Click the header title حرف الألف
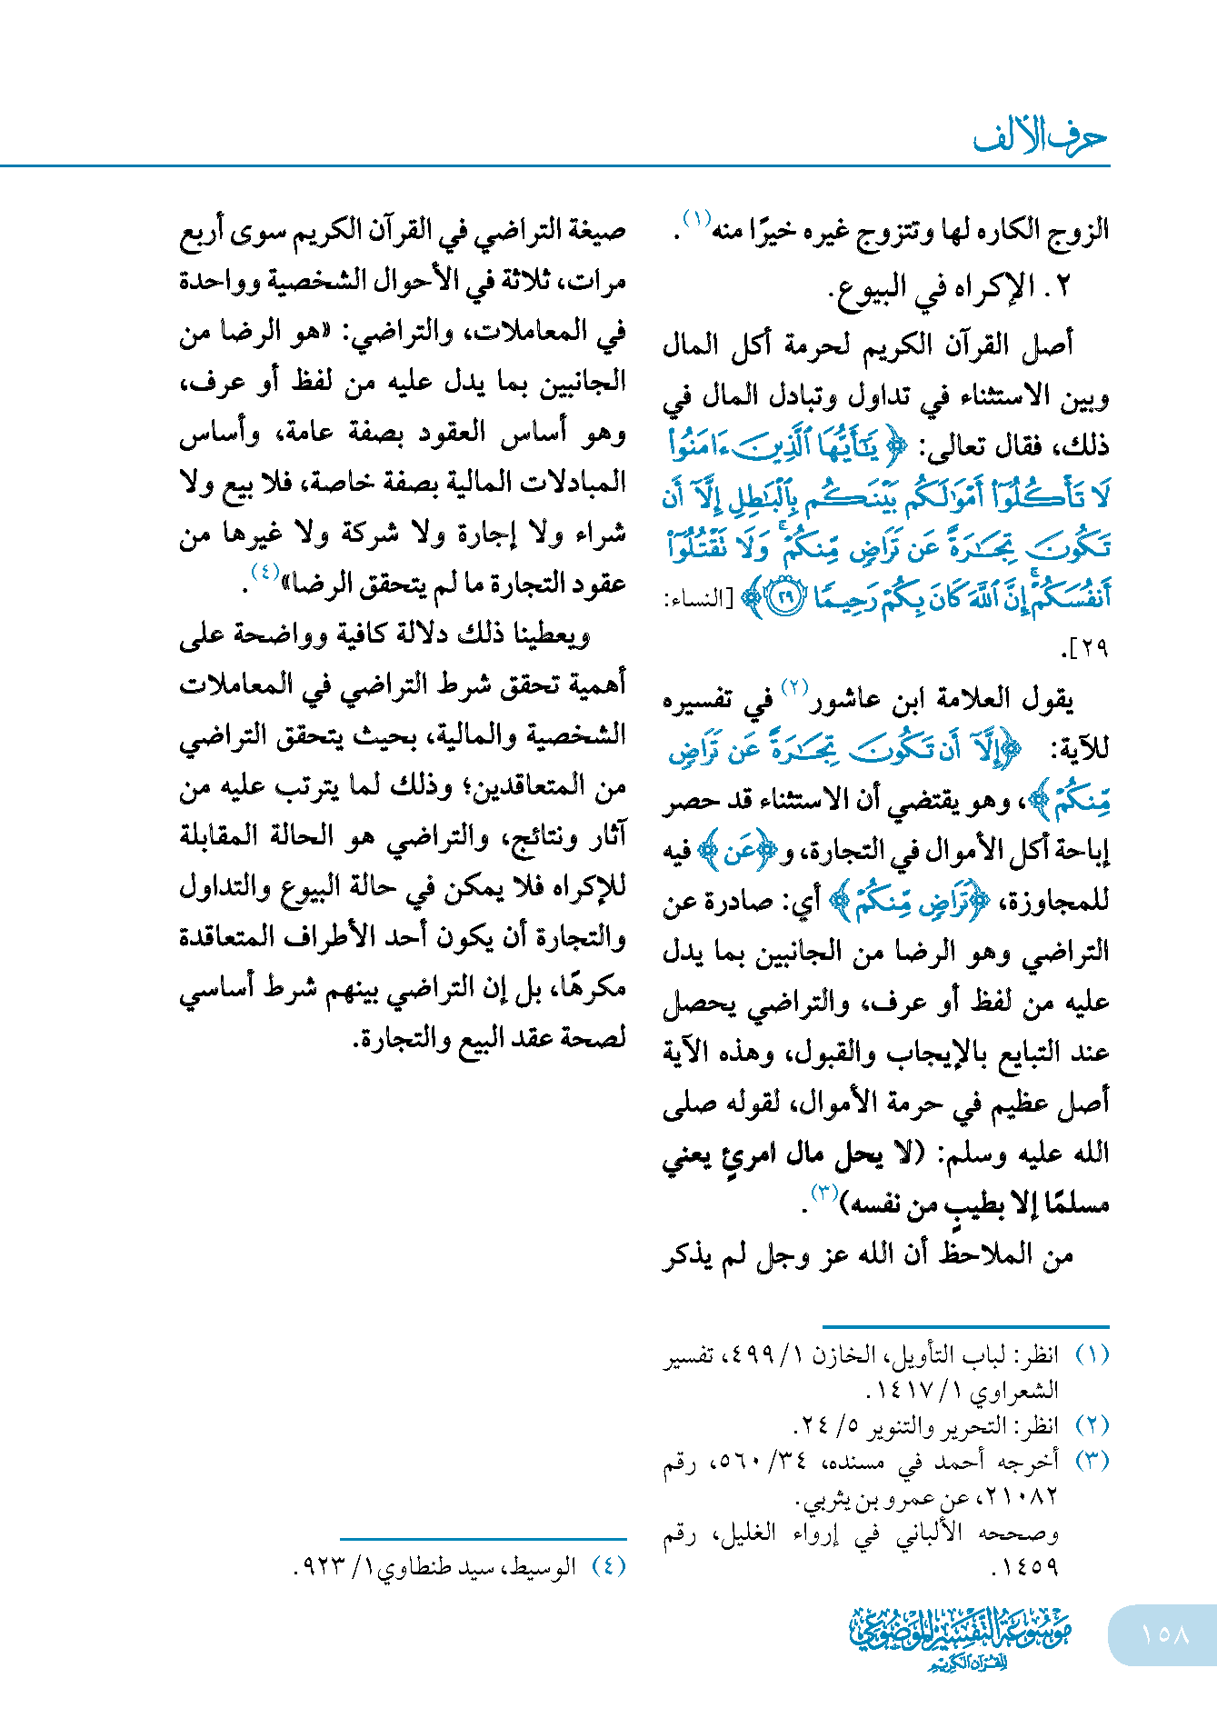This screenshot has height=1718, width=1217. (x=1040, y=137)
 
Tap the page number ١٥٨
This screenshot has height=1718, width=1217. (x=1164, y=1633)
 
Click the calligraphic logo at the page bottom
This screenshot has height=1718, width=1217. (x=961, y=1637)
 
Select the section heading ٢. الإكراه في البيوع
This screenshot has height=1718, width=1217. (x=951, y=287)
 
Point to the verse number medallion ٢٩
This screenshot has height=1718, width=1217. (x=786, y=597)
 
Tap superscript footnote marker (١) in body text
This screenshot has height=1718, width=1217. (x=697, y=219)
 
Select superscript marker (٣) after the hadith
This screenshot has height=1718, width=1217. (x=823, y=1192)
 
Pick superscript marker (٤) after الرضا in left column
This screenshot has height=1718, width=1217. (x=264, y=572)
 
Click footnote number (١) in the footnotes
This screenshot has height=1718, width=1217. (x=1092, y=1355)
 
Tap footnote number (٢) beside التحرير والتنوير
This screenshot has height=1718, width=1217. (x=1092, y=1424)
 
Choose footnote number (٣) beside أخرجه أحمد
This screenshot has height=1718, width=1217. (x=1092, y=1461)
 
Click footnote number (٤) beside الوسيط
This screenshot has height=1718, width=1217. (x=608, y=1566)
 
